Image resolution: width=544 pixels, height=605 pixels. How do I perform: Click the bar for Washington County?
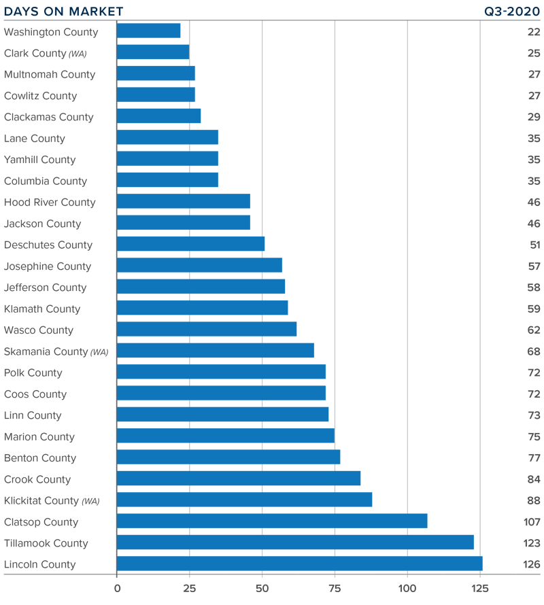[x=148, y=31]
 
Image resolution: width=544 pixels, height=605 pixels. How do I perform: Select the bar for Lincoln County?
[x=299, y=564]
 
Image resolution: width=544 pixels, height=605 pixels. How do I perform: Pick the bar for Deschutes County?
[x=190, y=244]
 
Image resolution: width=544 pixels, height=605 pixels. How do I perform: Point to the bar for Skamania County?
[x=215, y=351]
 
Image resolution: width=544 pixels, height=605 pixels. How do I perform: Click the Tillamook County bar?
[x=295, y=542]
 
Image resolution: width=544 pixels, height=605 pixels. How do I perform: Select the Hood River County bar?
[x=183, y=202]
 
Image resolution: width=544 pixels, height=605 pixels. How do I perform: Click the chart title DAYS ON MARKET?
[x=64, y=12]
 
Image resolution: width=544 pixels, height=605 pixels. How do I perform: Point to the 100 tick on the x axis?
[x=407, y=587]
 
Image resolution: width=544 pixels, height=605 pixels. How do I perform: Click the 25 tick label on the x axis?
[x=189, y=587]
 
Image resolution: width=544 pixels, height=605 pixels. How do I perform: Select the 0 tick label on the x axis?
[x=117, y=587]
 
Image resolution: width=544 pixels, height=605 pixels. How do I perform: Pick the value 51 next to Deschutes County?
[x=534, y=245]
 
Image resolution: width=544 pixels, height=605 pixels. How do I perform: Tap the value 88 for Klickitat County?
[x=533, y=500]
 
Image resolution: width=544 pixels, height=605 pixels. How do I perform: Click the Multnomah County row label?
[x=50, y=74]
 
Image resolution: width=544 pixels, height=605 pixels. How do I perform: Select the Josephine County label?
[x=48, y=266]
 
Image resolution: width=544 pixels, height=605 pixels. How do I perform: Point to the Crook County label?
[x=37, y=479]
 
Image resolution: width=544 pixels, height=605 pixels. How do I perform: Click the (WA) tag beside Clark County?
[x=78, y=54]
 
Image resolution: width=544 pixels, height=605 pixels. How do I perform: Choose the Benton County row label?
[x=40, y=457]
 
